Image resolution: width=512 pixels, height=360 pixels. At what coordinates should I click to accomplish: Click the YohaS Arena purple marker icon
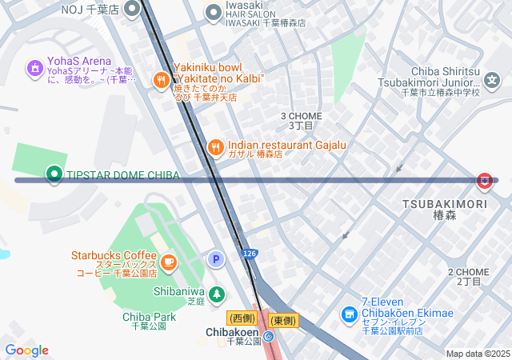click(x=34, y=69)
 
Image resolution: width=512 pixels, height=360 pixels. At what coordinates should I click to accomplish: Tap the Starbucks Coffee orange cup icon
click(x=168, y=262)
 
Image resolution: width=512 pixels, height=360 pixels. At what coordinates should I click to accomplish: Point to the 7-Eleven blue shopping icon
click(x=349, y=314)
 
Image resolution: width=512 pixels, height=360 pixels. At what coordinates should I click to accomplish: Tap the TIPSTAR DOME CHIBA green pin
click(x=54, y=173)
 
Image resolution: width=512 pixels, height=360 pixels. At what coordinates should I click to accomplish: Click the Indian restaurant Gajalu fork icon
click(x=215, y=147)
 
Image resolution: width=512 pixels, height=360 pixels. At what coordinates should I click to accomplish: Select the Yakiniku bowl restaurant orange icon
click(x=162, y=79)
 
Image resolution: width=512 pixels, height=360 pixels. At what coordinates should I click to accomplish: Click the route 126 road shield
click(x=250, y=254)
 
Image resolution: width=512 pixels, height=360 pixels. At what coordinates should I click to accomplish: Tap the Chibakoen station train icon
click(x=269, y=337)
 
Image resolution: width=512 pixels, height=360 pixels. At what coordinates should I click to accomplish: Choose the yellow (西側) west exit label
click(x=241, y=319)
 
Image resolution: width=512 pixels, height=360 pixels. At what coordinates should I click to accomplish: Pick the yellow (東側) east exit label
click(x=283, y=320)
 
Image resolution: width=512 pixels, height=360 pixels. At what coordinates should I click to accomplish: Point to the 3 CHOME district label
click(x=301, y=120)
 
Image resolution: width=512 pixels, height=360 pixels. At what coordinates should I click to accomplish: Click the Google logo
click(x=26, y=350)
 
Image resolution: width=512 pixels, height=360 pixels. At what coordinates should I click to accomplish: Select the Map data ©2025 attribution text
click(x=478, y=354)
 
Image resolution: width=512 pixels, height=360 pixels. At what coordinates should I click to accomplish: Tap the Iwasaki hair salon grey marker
click(x=213, y=12)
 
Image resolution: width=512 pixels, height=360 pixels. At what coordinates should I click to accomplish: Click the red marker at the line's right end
click(x=484, y=182)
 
